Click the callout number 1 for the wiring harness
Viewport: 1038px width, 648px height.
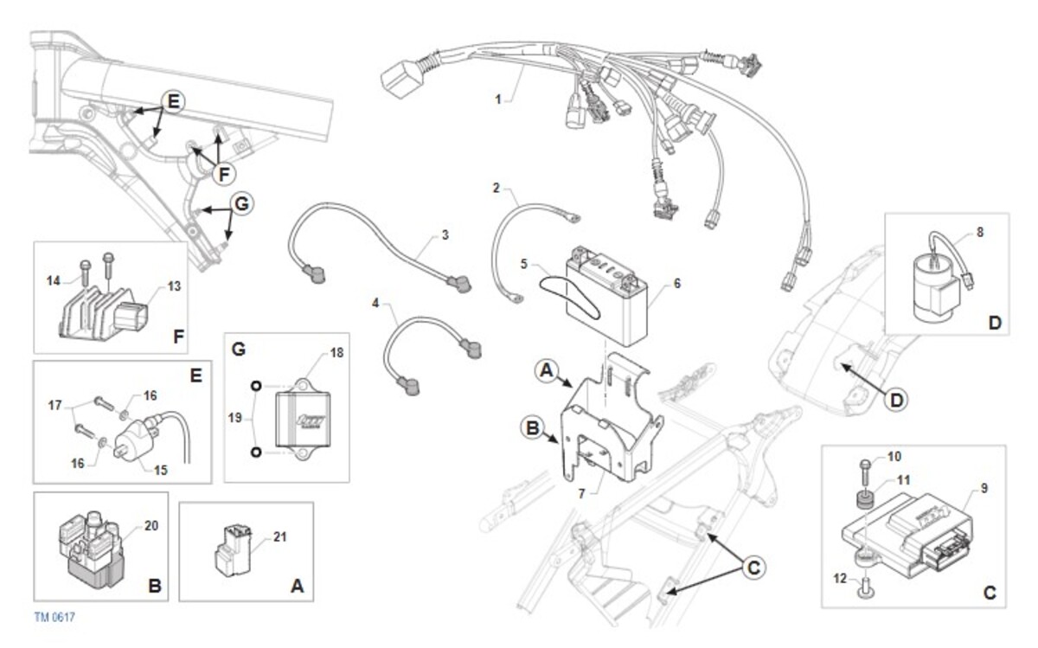498,99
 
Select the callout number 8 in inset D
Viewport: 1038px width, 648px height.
979,232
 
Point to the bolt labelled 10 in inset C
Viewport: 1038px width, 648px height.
864,468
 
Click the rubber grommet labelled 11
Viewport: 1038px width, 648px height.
862,499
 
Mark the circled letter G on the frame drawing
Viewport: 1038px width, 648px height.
242,205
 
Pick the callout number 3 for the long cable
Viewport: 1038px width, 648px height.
445,234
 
